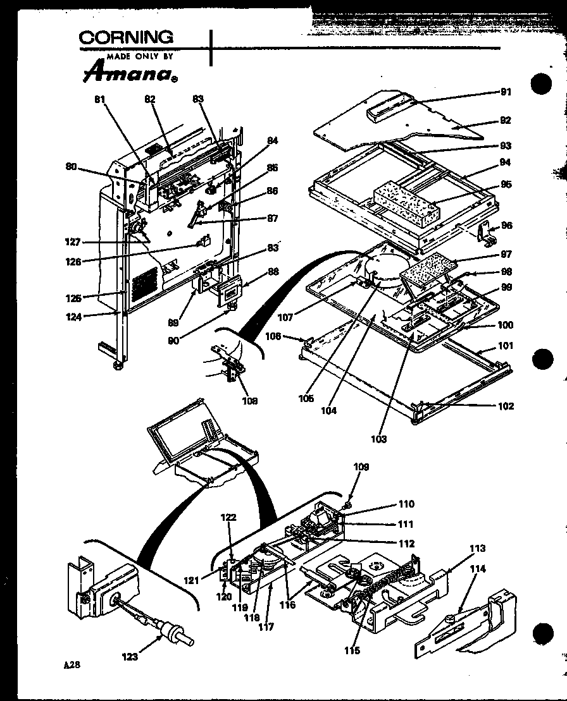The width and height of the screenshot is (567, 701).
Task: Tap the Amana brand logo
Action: [x=128, y=72]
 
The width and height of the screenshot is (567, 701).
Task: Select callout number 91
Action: [x=506, y=92]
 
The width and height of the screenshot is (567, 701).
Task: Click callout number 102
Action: [x=506, y=406]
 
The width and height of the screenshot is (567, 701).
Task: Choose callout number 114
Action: [x=478, y=569]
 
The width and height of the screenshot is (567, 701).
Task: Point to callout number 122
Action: [x=228, y=517]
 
